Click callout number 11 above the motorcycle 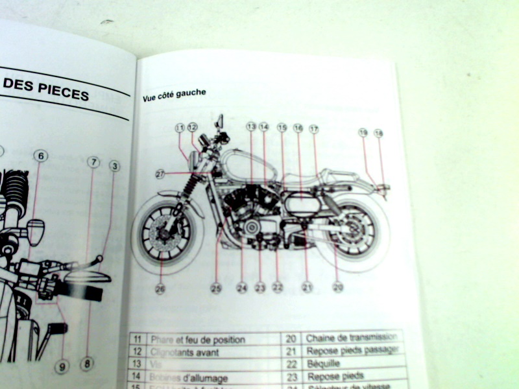[180, 128]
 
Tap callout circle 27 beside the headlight [160, 174]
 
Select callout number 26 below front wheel [160, 289]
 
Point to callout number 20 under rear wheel [338, 287]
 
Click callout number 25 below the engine [216, 287]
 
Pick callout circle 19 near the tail [363, 133]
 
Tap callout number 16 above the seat [298, 128]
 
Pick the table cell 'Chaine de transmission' [351, 338]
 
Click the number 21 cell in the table [292, 351]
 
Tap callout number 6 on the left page [40, 156]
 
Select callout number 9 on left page [62, 367]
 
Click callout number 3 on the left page [114, 167]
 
